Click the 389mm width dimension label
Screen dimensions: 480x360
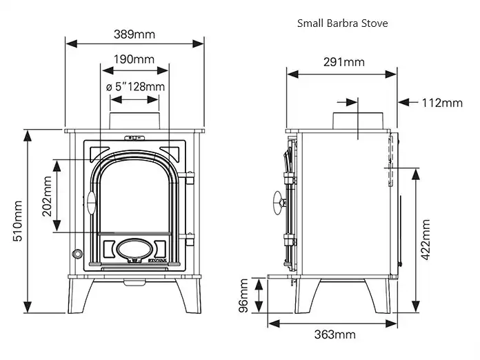(x=134, y=34)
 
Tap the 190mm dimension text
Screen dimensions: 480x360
(x=134, y=59)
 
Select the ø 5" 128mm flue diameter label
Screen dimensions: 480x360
(x=135, y=87)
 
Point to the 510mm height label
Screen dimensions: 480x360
(x=17, y=221)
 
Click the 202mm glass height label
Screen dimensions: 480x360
(x=47, y=197)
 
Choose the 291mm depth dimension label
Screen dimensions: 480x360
(x=344, y=62)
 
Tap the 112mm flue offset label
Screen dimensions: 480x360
(x=442, y=103)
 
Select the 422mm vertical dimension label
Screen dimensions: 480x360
(x=426, y=240)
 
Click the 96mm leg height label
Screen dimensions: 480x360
(x=243, y=295)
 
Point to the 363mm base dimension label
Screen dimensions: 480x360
(x=335, y=334)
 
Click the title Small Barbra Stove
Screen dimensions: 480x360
(x=343, y=23)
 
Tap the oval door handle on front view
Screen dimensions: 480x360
(x=91, y=203)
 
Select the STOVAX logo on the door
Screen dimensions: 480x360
(x=157, y=261)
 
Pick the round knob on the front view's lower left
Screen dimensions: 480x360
(x=77, y=254)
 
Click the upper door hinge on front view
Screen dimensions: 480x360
(x=188, y=177)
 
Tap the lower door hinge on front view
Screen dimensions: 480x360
(x=188, y=239)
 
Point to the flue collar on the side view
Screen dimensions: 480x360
(x=358, y=121)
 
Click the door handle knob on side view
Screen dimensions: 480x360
(x=279, y=203)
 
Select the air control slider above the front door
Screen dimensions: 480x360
(x=134, y=138)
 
